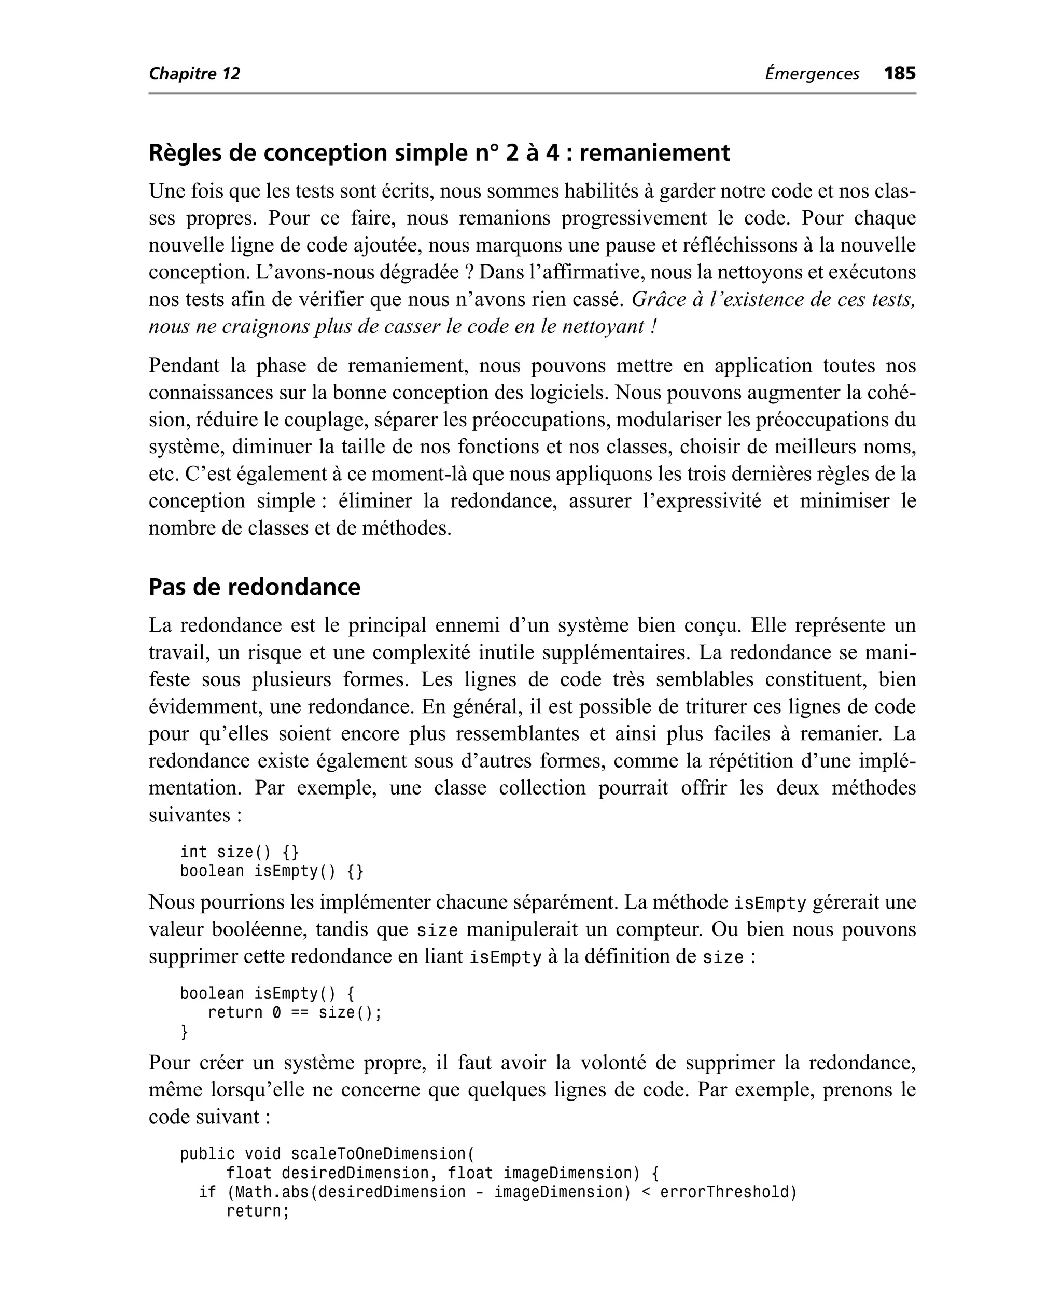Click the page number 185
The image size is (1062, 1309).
coord(899,74)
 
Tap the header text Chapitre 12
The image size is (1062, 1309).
coord(194,74)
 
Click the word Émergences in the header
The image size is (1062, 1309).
coord(812,74)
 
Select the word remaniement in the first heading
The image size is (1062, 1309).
coord(654,152)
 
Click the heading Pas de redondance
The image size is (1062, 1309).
coord(255,587)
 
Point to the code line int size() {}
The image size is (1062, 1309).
coord(239,852)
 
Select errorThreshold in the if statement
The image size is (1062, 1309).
coord(728,1192)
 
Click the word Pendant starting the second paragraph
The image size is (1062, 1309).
coord(184,365)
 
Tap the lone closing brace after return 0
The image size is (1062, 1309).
coord(184,1032)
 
